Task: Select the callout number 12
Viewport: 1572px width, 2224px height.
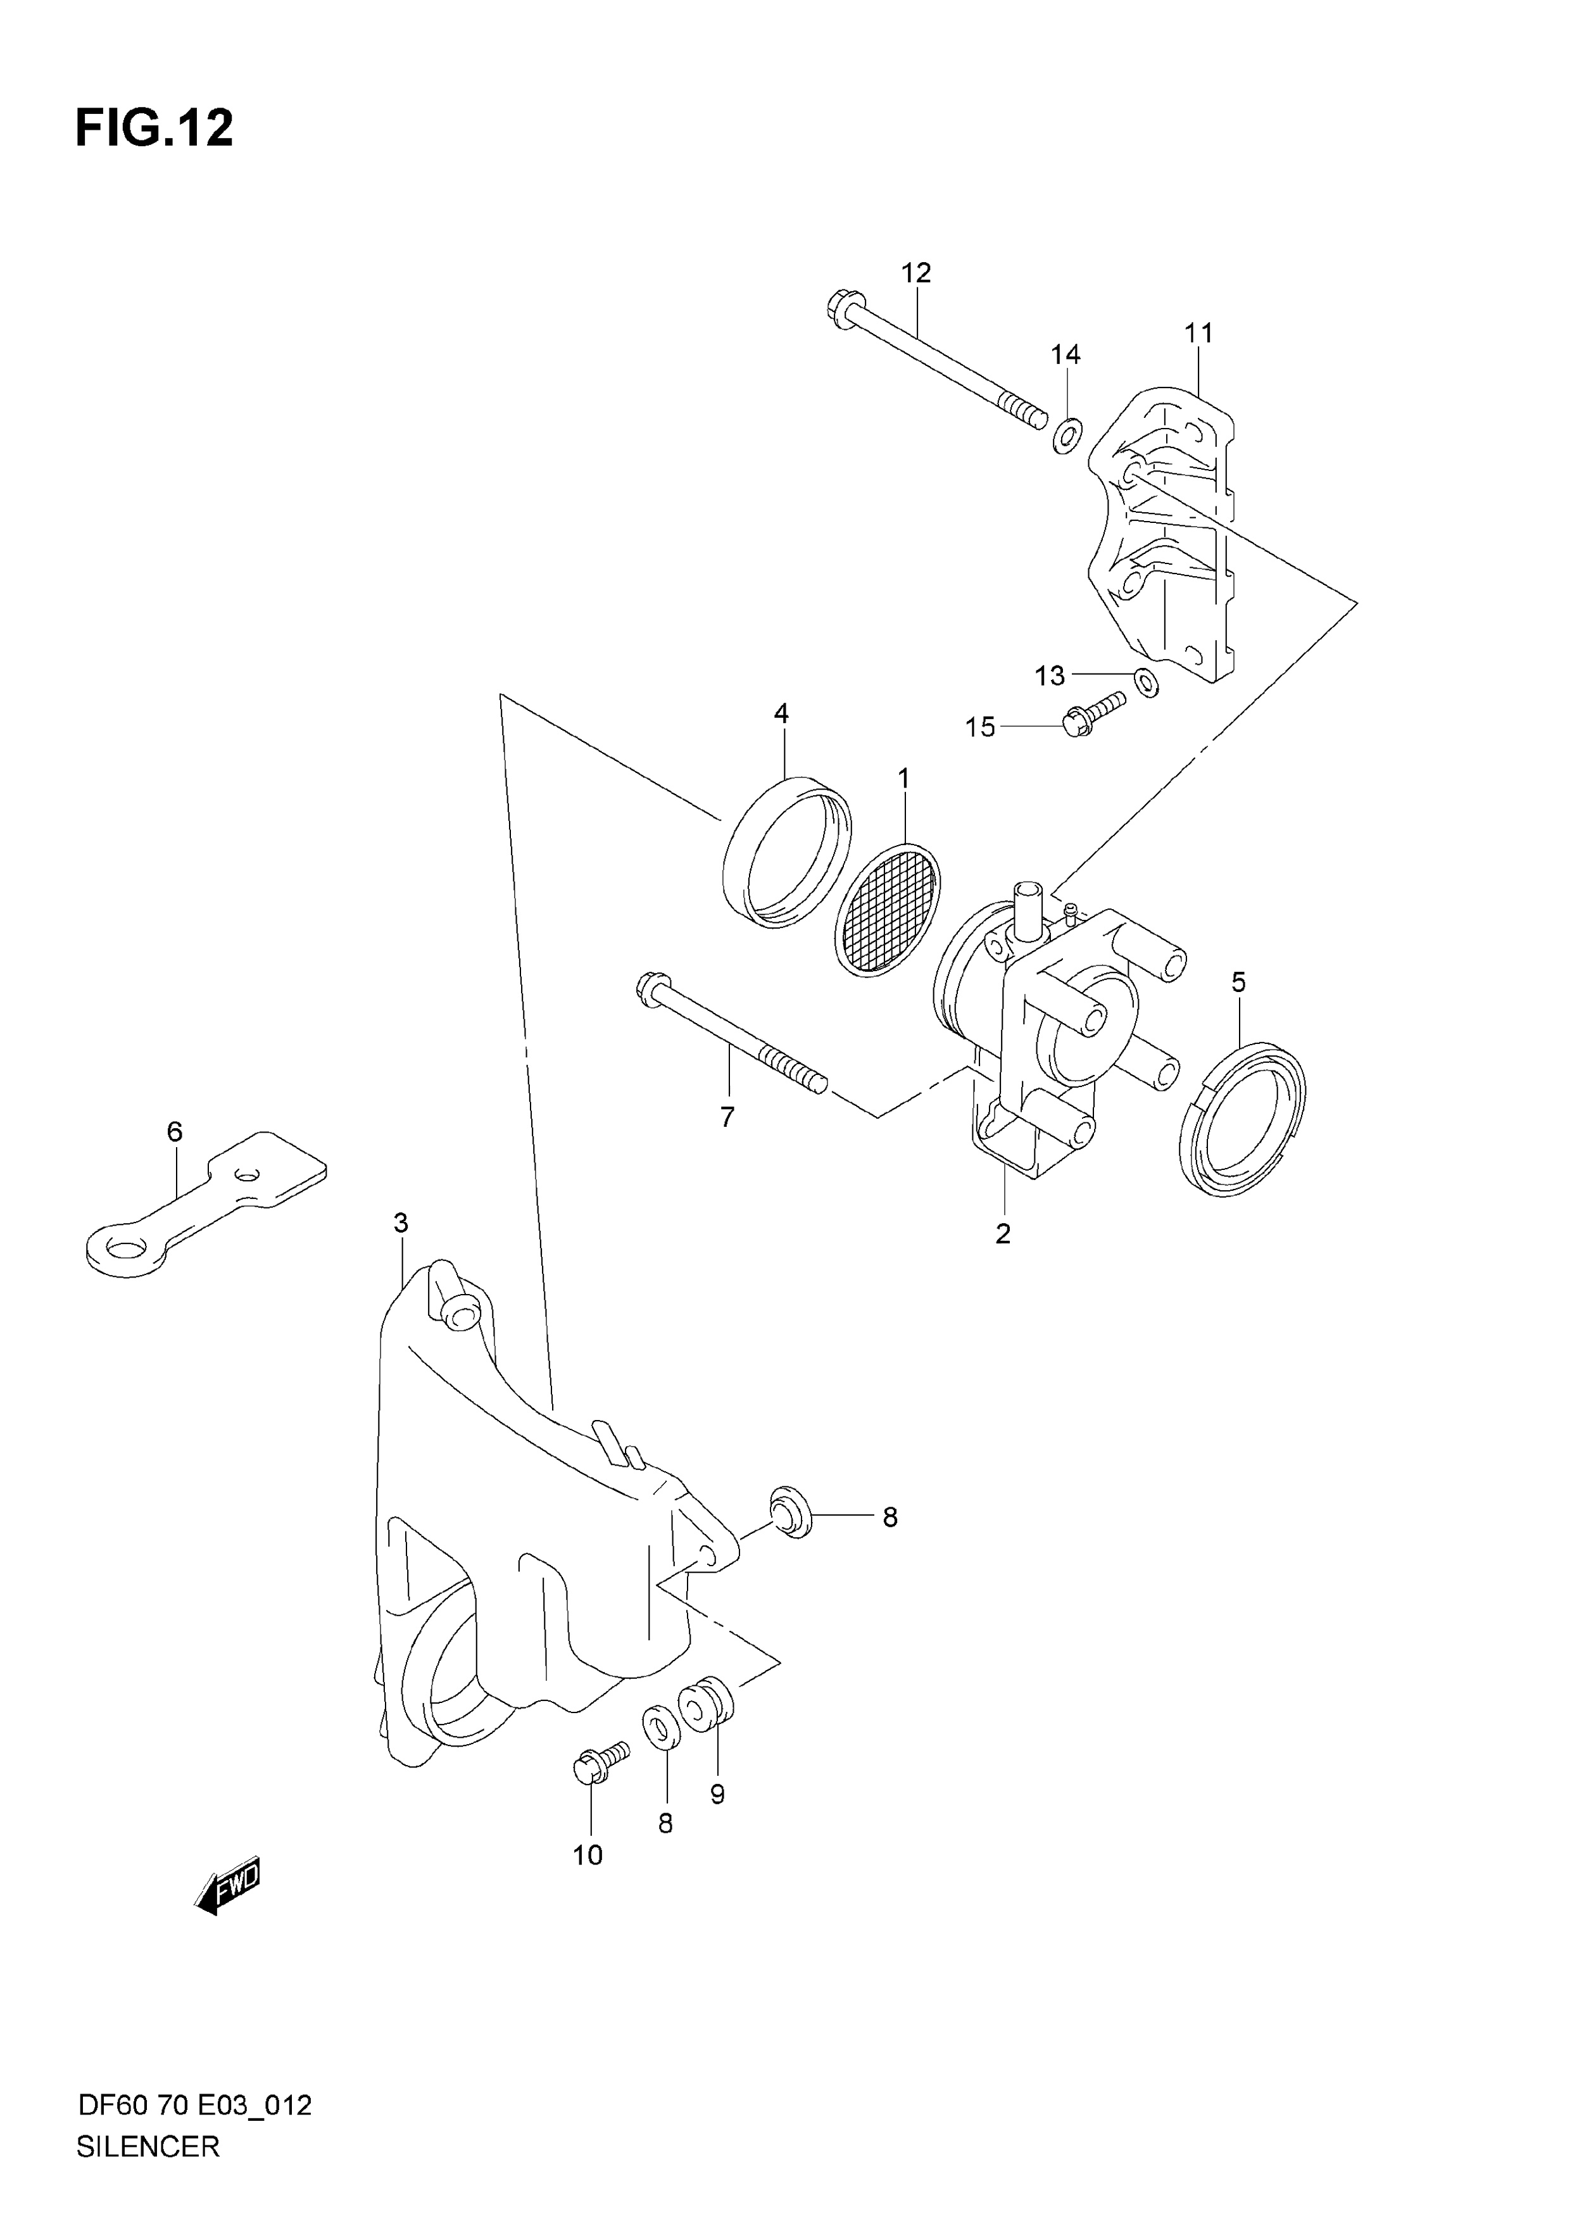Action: point(915,273)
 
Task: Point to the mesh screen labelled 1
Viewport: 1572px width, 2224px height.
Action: point(887,908)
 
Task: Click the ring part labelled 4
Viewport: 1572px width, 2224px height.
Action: point(788,852)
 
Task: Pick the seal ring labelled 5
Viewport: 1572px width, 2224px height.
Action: point(1243,1118)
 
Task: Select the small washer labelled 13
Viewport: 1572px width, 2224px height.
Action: point(1146,682)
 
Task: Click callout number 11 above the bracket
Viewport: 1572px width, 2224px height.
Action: point(1198,333)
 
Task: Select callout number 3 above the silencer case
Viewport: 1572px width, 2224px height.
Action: point(401,1223)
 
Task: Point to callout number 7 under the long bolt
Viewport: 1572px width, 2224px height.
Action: point(727,1117)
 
